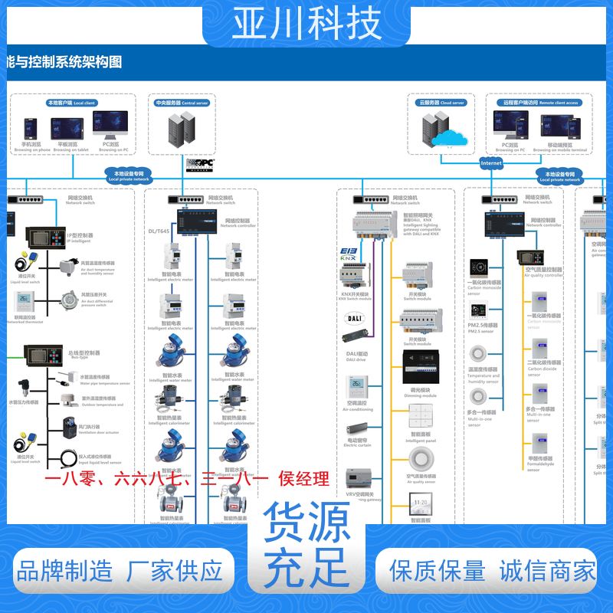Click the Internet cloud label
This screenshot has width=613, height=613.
491,163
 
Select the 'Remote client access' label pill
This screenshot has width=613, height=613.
541,102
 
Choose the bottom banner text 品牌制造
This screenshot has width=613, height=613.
64,571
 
